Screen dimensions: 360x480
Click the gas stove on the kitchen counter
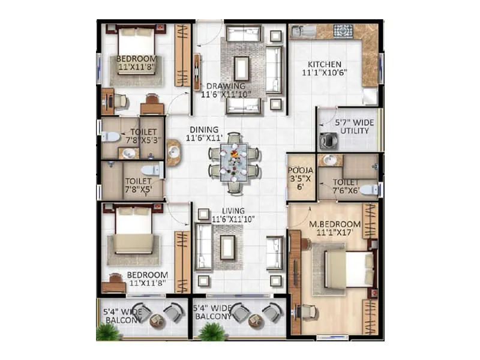point(343,31)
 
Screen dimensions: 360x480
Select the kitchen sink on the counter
point(300,31)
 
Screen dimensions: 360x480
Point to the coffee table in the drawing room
point(241,68)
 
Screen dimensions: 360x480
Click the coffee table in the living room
point(227,247)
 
